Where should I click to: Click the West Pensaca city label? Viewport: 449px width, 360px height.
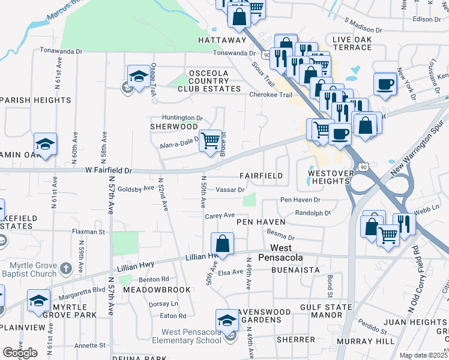[x=281, y=253]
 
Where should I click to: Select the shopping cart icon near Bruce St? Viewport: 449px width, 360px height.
[x=210, y=141]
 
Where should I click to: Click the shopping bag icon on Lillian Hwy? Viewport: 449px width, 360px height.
[x=222, y=244]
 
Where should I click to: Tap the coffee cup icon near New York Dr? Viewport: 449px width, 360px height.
[x=385, y=83]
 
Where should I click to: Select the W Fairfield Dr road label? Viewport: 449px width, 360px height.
[x=108, y=170]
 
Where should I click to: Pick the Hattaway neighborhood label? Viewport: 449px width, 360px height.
[x=222, y=40]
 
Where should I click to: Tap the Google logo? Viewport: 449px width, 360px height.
[x=19, y=353]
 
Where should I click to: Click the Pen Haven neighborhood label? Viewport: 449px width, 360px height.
[x=260, y=222]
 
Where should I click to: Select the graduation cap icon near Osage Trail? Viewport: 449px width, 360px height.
[x=139, y=76]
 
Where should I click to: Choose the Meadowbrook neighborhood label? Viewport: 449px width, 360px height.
[x=157, y=290]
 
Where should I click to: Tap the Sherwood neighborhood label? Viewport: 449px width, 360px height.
[x=173, y=127]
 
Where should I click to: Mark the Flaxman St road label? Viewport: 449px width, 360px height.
[x=88, y=232]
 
